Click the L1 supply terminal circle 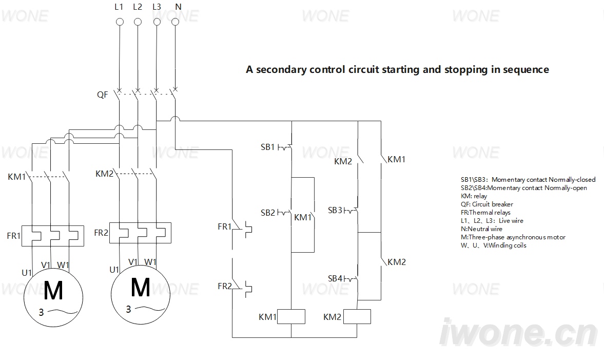tap(120, 22)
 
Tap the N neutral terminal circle tap(176, 22)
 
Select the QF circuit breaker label tap(103, 94)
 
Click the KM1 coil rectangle tap(291, 316)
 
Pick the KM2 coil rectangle tap(357, 316)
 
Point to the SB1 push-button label tap(268, 147)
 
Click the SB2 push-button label tap(268, 213)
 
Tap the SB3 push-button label tap(335, 210)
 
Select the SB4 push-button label tap(335, 278)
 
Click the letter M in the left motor tap(53, 290)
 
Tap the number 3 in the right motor tap(129, 309)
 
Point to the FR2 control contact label tap(225, 286)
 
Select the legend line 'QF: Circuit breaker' tap(487, 204)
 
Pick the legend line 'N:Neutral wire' tap(481, 229)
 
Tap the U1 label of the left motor tap(27, 273)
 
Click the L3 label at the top tap(157, 7)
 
